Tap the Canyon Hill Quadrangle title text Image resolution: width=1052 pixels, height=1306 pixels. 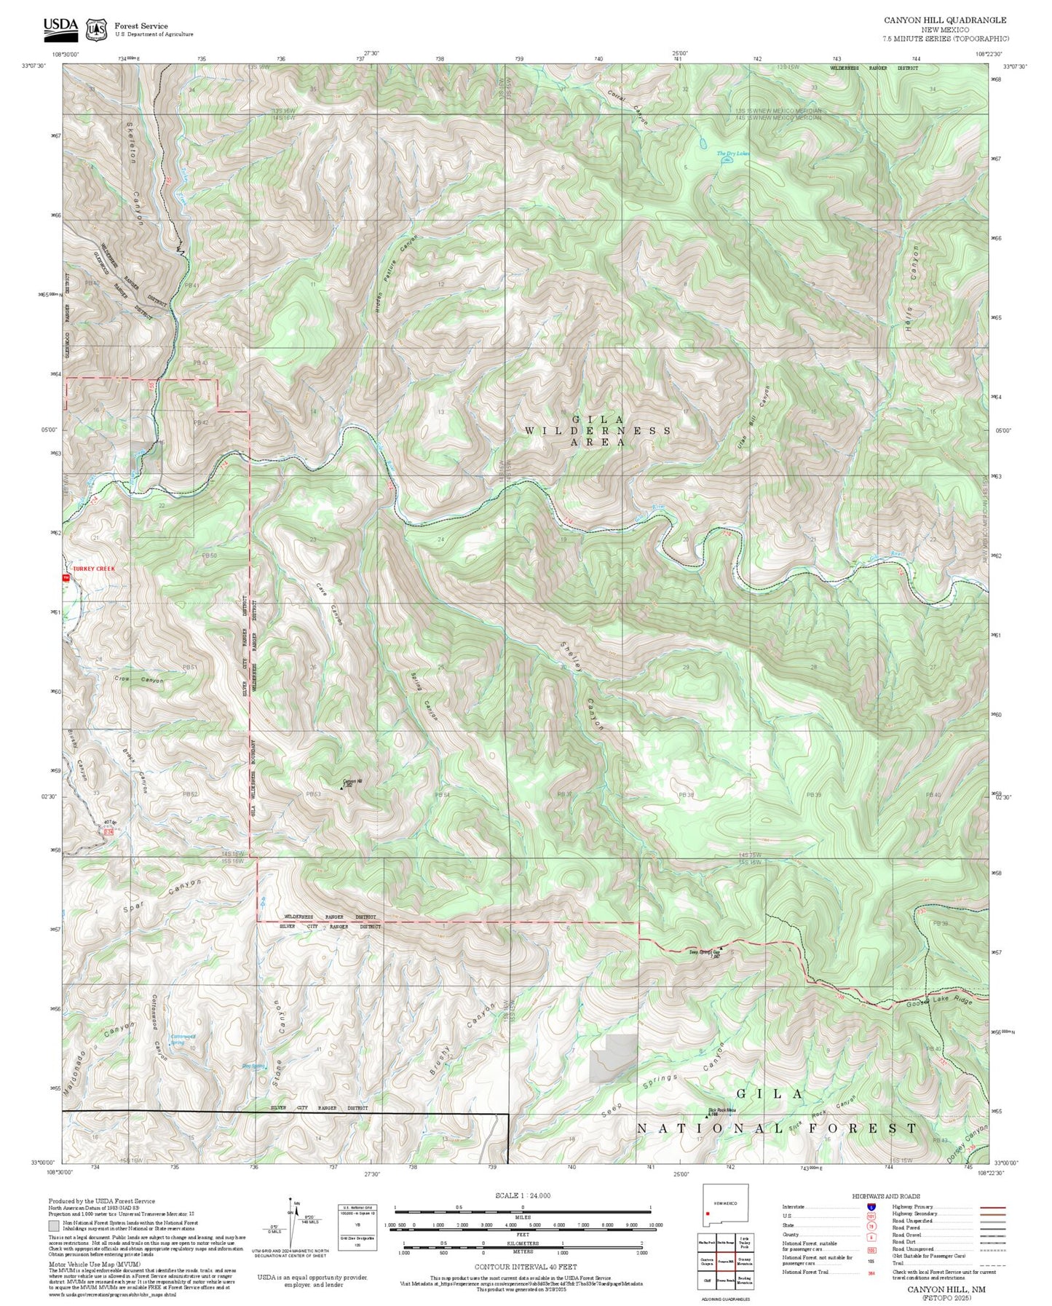pyautogui.click(x=945, y=20)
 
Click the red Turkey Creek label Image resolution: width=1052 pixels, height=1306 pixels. pyautogui.click(x=93, y=569)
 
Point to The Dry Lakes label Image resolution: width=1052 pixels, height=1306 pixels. pyautogui.click(x=732, y=154)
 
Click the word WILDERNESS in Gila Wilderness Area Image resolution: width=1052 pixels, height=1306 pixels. pyautogui.click(x=598, y=431)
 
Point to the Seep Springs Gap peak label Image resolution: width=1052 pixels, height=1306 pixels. pyautogui.click(x=704, y=951)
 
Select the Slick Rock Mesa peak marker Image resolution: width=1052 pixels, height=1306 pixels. pyautogui.click(x=705, y=1115)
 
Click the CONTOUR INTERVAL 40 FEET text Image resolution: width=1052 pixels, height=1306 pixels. pyautogui.click(x=525, y=1267)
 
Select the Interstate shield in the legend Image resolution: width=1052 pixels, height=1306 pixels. pyautogui.click(x=871, y=1207)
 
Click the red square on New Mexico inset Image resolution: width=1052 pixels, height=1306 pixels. pyautogui.click(x=708, y=1214)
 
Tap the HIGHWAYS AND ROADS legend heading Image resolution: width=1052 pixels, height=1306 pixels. pyautogui.click(x=885, y=1196)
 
